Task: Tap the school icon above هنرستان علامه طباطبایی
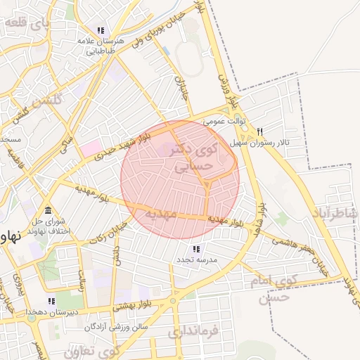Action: (101, 30)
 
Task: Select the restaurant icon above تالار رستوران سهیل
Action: (259, 131)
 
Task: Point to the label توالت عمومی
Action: (224, 121)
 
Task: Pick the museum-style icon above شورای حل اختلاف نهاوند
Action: (48, 211)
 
